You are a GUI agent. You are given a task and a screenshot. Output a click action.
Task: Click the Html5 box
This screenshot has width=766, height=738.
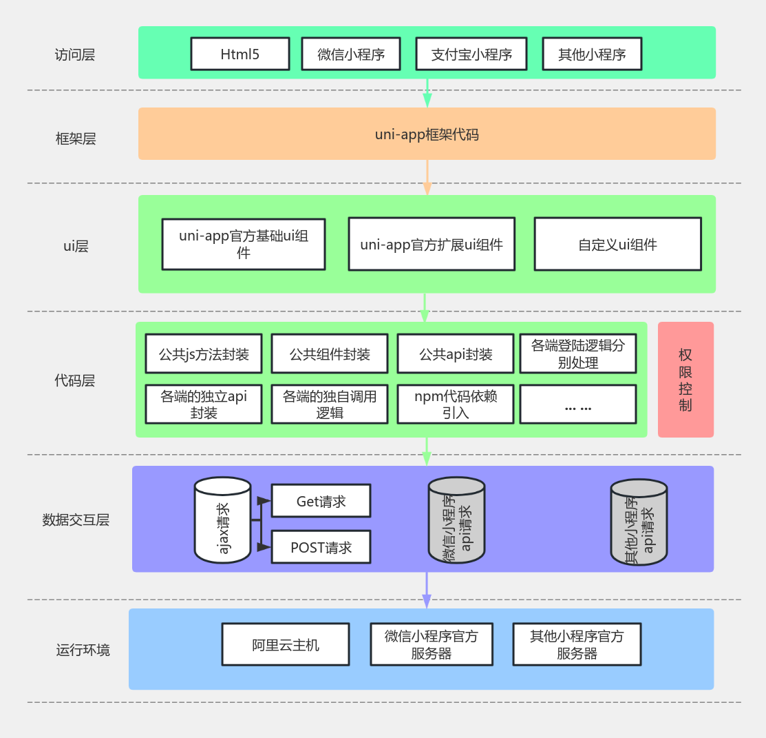240,54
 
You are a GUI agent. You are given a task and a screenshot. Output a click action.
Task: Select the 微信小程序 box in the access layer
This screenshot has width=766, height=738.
351,54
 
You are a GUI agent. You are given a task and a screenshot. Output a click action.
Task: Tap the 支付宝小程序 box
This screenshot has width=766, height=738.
471,54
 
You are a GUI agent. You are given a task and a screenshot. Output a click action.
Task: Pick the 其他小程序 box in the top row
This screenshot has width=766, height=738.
592,54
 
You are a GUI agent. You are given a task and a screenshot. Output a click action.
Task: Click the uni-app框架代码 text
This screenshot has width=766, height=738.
427,134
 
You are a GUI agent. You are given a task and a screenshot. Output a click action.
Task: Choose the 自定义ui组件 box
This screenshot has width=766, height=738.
617,245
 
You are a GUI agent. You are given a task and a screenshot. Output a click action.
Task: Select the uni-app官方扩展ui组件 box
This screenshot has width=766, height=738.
432,245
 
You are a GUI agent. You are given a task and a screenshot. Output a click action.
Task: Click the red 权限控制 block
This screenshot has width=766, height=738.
685,380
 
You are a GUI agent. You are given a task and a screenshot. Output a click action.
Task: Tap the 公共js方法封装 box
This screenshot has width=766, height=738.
204,354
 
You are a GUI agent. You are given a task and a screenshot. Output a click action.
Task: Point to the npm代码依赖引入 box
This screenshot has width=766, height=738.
455,404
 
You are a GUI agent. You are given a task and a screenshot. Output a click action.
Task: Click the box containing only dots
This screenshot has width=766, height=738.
578,404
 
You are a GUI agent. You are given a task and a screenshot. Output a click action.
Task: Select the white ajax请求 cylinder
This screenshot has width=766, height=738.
222,520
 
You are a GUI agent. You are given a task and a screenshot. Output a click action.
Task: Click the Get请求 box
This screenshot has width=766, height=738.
321,501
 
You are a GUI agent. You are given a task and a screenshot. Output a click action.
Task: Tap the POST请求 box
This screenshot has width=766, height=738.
321,547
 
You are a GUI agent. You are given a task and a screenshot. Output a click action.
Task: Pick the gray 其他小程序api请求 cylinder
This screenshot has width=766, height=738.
639,522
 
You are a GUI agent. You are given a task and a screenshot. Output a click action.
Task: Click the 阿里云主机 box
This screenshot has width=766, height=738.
286,645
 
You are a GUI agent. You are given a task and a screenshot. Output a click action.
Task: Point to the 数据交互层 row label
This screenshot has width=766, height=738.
76,520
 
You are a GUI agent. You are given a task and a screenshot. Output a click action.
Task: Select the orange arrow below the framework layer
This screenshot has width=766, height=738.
427,178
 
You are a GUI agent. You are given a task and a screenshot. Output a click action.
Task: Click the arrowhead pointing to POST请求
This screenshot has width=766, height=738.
264,547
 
